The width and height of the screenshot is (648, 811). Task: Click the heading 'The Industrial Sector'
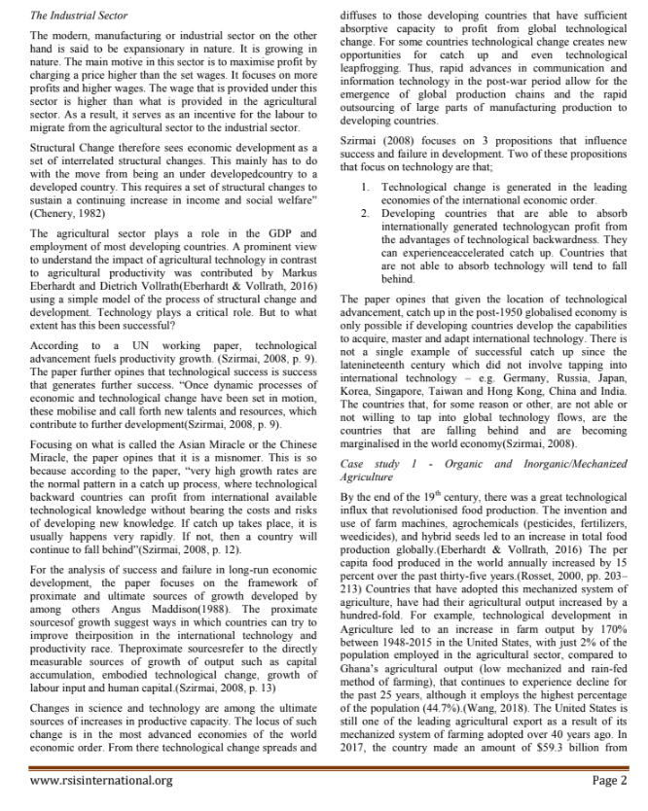tap(81, 17)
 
